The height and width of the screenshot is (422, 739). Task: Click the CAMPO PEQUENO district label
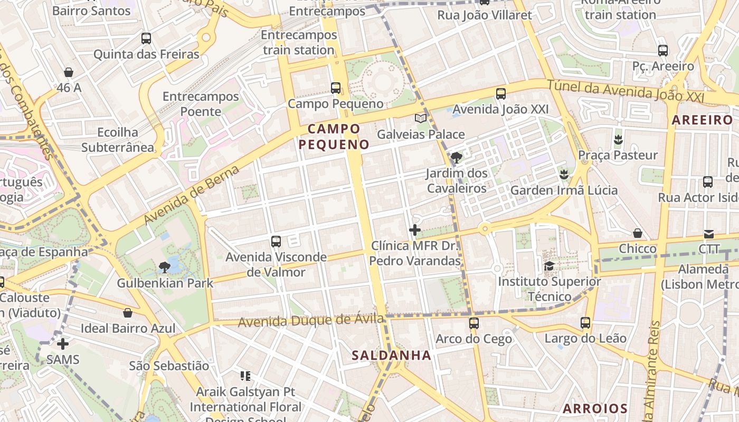coord(335,136)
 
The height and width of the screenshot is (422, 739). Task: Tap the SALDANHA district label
coord(392,355)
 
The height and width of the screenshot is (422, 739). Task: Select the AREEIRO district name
coord(702,120)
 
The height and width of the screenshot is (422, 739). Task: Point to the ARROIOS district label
coord(595,408)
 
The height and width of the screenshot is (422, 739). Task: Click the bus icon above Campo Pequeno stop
coord(336,88)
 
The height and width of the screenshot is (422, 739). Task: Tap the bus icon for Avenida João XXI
coord(501,94)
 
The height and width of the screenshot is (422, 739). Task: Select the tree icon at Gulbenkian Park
coord(165,267)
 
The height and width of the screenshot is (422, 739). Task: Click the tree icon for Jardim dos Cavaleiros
coord(457,157)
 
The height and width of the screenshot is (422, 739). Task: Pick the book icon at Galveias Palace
coord(421,118)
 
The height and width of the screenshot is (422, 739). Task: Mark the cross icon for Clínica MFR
coord(415,230)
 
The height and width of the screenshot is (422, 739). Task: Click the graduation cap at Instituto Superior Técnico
coord(549,266)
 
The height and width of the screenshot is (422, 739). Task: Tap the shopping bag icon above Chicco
coord(638,233)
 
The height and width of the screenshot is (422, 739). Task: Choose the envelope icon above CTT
coord(708,234)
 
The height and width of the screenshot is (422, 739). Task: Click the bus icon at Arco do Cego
coord(474,323)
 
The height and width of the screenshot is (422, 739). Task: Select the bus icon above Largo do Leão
coord(585,322)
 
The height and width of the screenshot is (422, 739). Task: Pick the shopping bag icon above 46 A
coord(69,72)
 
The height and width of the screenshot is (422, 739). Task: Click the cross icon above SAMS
coord(63,344)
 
